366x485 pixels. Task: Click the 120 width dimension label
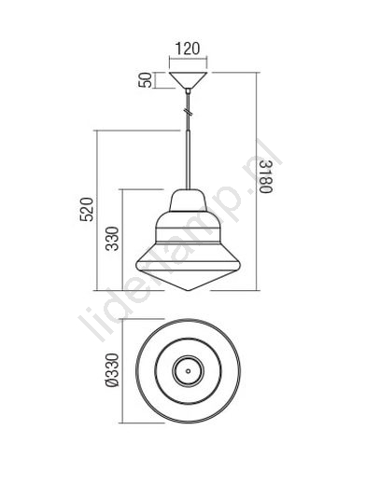point(188,48)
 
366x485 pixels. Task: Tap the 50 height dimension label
point(146,80)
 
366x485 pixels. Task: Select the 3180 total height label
point(266,176)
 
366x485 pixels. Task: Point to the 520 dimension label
point(87,209)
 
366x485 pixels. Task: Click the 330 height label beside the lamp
point(112,239)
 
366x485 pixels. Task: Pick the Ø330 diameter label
point(112,370)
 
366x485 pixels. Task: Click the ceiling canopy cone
point(188,80)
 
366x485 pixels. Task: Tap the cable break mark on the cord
point(188,111)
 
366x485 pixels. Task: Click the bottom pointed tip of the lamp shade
point(188,291)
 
